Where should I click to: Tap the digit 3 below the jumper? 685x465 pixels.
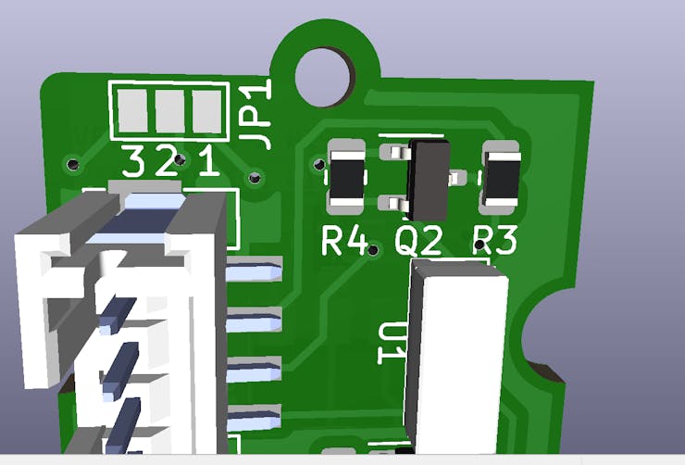[134, 163]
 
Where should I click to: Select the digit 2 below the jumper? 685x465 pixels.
[167, 163]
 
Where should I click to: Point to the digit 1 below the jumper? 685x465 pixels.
[207, 163]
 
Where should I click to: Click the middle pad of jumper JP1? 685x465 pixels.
[170, 111]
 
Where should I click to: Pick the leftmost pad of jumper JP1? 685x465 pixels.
[131, 111]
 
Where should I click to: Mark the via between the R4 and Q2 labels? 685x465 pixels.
[373, 249]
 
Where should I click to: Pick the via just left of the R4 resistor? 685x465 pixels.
[318, 164]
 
